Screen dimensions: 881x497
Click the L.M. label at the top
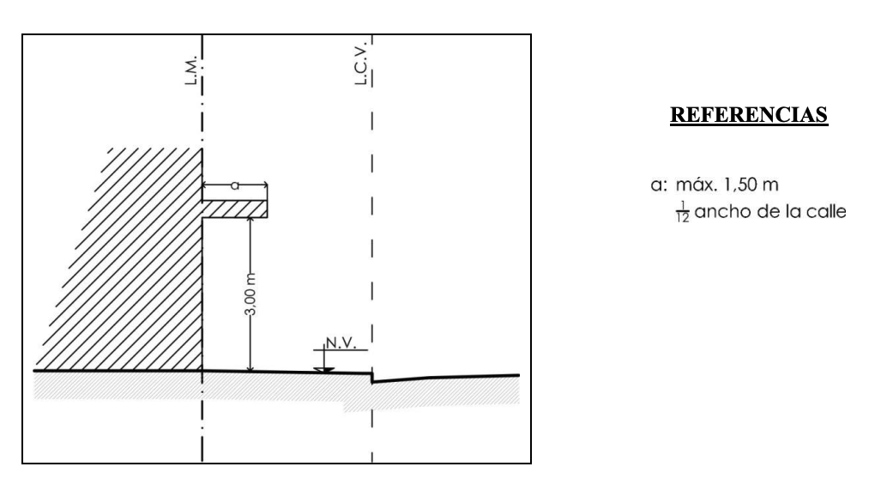pos(191,70)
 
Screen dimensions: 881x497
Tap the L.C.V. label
pos(361,63)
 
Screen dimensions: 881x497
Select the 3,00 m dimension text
pos(251,294)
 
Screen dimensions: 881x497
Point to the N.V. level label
pos(341,343)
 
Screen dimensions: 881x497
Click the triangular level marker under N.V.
pos(324,371)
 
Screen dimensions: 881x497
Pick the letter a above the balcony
pos(235,185)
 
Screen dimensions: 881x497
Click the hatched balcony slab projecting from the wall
pos(235,209)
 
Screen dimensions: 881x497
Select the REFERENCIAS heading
pos(749,115)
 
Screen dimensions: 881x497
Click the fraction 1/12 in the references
pos(683,212)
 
